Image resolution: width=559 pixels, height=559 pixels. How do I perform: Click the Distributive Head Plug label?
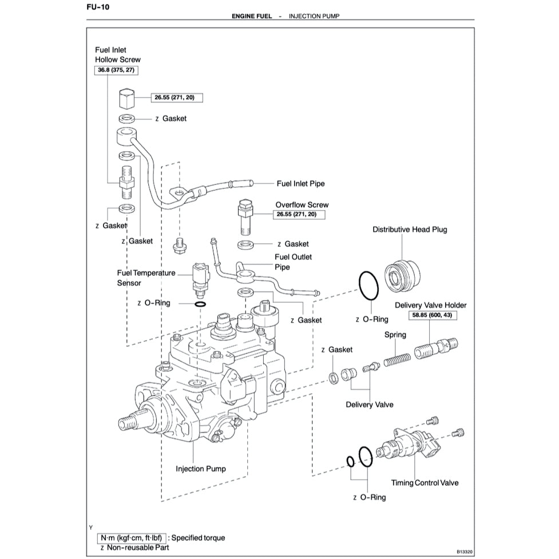(410, 229)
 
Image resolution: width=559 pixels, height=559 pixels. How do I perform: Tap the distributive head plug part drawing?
(401, 275)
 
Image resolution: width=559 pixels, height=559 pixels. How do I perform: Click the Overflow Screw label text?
(302, 205)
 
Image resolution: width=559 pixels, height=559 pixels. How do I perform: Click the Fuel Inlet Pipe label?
(300, 184)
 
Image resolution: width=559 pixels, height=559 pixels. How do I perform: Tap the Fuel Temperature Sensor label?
(146, 278)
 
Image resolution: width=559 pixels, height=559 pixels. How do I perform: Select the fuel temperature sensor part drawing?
(200, 277)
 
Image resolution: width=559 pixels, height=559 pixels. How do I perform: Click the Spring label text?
(395, 335)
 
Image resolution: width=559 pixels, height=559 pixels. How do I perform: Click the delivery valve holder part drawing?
(438, 347)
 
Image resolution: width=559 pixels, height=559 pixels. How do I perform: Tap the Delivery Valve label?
(370, 405)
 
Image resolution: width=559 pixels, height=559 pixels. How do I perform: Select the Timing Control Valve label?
(425, 482)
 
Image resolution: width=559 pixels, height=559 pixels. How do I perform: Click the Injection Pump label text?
(200, 469)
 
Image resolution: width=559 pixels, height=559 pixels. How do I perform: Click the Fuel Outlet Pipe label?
(294, 262)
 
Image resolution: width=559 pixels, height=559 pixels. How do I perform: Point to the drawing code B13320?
(467, 553)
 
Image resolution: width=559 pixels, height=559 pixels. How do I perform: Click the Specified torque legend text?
(198, 538)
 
